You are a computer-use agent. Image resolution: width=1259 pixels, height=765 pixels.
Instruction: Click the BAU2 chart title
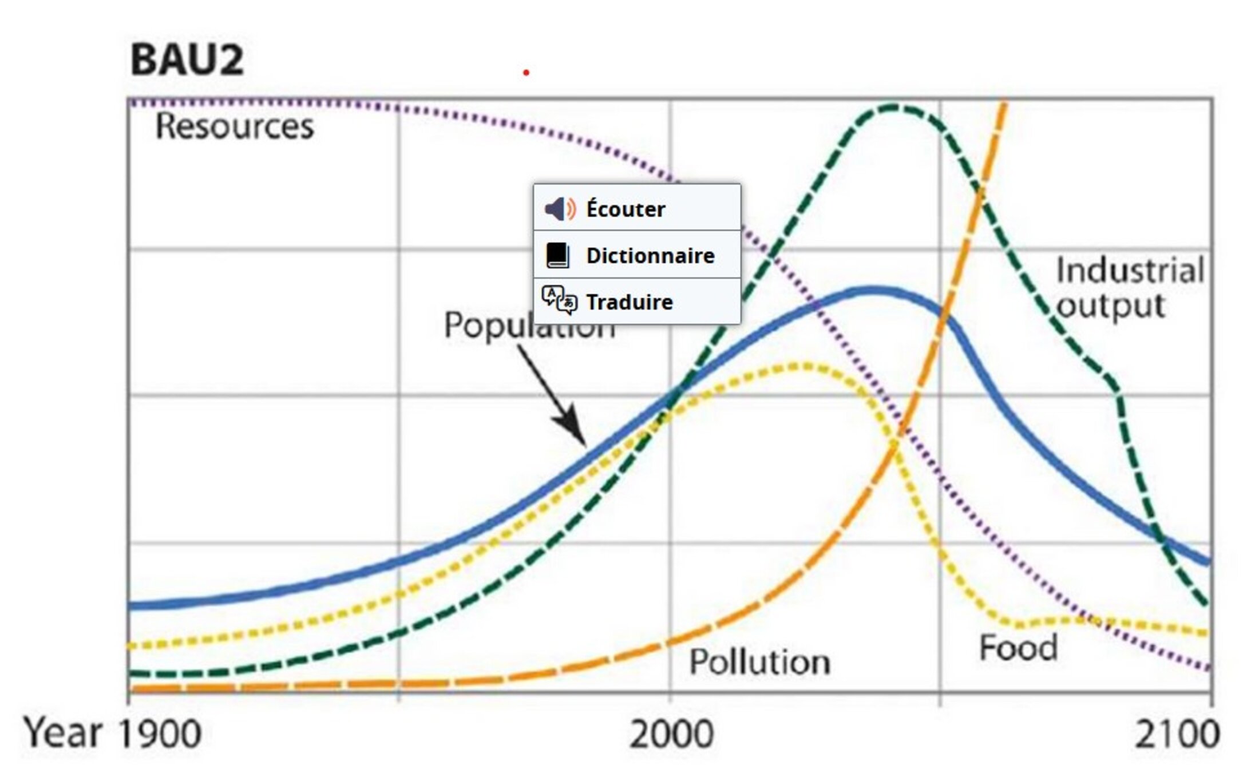pyautogui.click(x=187, y=60)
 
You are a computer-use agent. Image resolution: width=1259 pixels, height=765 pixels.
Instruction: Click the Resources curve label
pyautogui.click(x=235, y=126)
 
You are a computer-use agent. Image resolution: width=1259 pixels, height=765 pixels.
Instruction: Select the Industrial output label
pyautogui.click(x=1129, y=288)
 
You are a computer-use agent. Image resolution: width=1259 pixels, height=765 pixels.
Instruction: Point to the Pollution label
pyautogui.click(x=759, y=662)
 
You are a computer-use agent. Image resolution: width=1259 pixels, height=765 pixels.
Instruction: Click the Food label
pyautogui.click(x=1018, y=648)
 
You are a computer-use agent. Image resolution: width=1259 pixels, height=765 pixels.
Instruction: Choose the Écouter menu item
pyautogui.click(x=625, y=209)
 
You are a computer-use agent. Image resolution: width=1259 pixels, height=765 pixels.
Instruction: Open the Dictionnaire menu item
pyautogui.click(x=650, y=255)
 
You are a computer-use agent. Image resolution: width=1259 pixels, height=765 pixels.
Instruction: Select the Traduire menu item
pyautogui.click(x=629, y=302)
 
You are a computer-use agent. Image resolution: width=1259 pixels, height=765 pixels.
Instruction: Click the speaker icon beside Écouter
pyautogui.click(x=559, y=209)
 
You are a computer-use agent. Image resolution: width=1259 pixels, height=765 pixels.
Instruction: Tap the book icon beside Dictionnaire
pyautogui.click(x=557, y=255)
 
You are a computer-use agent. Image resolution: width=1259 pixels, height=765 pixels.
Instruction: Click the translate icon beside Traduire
pyautogui.click(x=559, y=300)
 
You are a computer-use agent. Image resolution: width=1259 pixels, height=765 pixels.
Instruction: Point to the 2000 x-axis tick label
pyautogui.click(x=671, y=734)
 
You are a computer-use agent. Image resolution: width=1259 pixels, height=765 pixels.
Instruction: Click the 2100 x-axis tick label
pyautogui.click(x=1177, y=734)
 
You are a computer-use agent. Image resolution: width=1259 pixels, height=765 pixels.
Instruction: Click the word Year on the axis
pyautogui.click(x=62, y=733)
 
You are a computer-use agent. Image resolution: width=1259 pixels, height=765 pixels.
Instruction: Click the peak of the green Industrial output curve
pyautogui.click(x=894, y=107)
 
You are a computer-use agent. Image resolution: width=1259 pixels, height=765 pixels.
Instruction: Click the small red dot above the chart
pyautogui.click(x=526, y=73)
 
